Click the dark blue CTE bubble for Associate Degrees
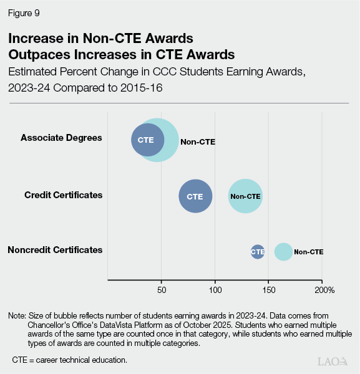point(147,140)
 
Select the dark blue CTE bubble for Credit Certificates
point(195,196)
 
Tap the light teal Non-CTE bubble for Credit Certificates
point(245,196)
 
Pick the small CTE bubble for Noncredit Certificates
point(258,252)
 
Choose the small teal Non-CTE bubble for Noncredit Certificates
point(283,252)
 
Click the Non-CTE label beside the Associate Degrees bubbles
point(198,142)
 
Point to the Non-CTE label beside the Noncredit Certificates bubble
point(309,252)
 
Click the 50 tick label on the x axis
point(162,290)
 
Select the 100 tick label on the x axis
point(215,290)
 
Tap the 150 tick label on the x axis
point(269,290)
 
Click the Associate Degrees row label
point(61,137)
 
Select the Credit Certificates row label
point(63,195)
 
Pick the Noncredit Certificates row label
point(55,250)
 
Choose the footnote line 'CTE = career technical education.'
point(70,360)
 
